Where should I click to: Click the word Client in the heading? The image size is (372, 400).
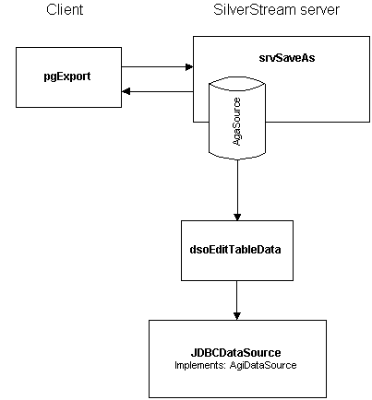65,9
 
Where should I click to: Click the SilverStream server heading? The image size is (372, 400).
276,9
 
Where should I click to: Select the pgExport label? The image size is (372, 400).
67,76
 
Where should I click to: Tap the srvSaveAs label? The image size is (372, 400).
287,58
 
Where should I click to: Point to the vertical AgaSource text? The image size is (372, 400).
236,122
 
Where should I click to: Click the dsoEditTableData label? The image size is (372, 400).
235,249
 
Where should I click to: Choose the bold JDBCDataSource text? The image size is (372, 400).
235,352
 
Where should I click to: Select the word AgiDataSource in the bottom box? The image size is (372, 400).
263,365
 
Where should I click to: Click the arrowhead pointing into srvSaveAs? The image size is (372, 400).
189,66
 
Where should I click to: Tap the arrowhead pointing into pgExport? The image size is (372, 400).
126,91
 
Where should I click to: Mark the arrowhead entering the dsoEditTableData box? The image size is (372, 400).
237,217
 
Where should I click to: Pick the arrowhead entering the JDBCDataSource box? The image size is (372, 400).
236,316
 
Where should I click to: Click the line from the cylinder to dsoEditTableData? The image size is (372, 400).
237,190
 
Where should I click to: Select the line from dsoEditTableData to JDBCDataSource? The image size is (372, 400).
236,300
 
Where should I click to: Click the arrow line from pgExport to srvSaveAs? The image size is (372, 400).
157,66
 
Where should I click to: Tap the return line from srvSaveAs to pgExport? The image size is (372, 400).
158,91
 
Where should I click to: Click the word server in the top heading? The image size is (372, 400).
319,10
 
